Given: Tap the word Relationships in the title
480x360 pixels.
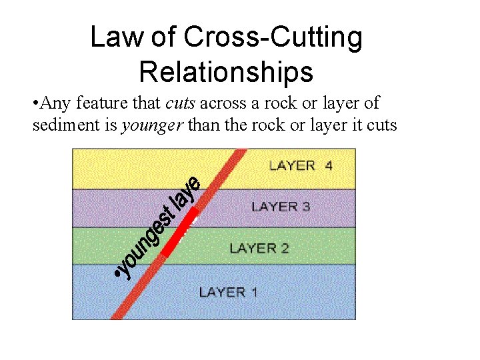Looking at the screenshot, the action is (x=226, y=71).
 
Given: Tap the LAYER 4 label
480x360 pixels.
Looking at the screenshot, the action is (x=301, y=165).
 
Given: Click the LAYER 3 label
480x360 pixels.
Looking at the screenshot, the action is (x=281, y=207).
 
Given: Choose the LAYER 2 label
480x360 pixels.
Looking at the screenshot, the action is (x=259, y=248).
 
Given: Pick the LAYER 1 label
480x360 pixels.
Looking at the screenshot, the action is (x=228, y=292).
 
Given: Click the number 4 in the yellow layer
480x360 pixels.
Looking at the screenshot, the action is (x=328, y=165).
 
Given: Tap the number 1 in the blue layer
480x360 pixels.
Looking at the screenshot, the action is (x=254, y=292).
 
